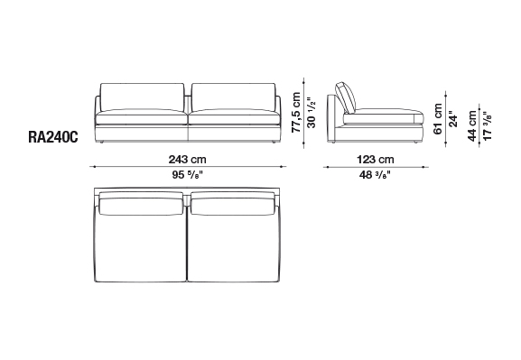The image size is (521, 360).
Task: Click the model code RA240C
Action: pos(53,137)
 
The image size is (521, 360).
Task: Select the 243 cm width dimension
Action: pos(188,160)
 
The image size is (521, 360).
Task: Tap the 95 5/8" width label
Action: pos(188,174)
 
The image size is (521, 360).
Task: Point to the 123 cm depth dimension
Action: pos(376,160)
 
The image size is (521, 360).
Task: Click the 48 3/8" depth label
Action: pos(375,174)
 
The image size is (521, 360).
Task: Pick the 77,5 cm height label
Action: pos(296,112)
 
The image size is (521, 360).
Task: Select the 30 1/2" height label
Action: pos(312,112)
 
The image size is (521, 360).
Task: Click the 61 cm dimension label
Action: pos(438,119)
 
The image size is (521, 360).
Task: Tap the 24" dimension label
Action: pos(453,119)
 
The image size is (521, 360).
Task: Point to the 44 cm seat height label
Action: pos(472,126)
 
